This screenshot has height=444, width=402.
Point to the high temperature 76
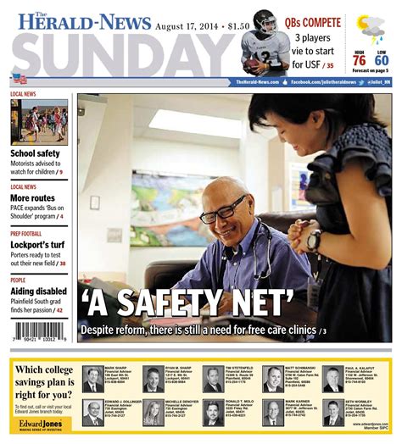(359, 59)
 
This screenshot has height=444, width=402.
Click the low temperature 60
(382, 59)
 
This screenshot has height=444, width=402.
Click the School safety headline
(35, 153)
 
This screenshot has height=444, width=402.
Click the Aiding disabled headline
(38, 290)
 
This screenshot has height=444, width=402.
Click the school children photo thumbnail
(39, 122)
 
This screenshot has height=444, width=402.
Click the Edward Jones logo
(41, 420)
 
